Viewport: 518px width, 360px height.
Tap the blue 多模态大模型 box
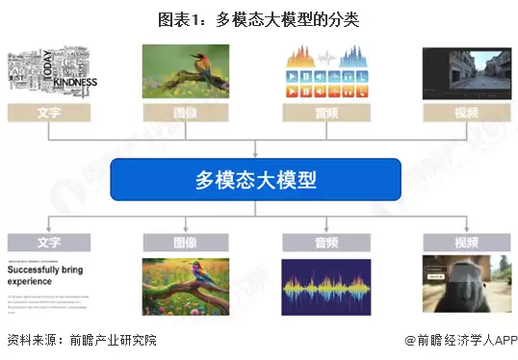click(255, 179)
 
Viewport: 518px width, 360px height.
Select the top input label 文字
click(48, 113)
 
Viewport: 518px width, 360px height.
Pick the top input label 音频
click(326, 113)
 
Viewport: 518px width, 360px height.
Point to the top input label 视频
click(465, 113)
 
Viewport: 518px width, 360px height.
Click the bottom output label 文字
click(48, 243)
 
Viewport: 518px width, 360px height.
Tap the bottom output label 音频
click(326, 243)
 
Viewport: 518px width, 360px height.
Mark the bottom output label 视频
click(465, 243)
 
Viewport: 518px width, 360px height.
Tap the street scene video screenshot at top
click(465, 70)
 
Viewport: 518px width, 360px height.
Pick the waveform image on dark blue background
click(326, 286)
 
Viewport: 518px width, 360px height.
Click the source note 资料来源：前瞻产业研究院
click(81, 340)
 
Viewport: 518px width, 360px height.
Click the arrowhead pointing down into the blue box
click(255, 153)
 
